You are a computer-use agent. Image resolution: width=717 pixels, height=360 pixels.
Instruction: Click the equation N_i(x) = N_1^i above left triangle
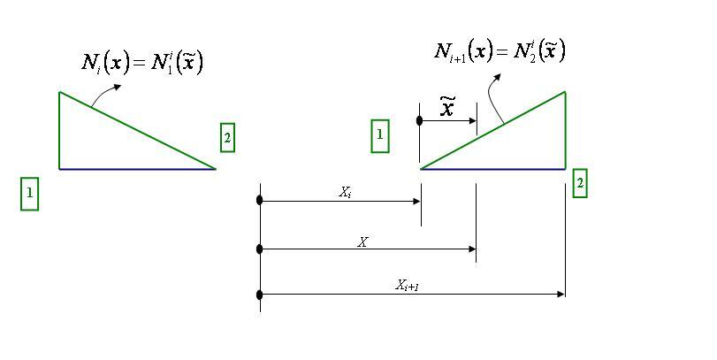142,63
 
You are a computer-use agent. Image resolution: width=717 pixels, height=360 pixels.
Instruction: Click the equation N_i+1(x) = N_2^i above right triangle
500,50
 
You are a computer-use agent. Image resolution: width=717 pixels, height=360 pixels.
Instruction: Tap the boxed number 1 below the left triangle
30,193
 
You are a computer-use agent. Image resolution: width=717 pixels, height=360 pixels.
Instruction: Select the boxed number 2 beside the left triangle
228,137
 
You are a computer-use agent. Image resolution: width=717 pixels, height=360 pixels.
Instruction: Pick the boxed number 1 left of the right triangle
379,135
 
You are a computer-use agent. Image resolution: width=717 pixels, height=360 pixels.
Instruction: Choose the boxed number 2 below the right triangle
580,183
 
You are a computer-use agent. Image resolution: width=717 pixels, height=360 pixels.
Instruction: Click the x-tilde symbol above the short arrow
448,107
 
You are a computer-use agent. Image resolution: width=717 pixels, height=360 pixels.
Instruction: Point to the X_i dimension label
346,191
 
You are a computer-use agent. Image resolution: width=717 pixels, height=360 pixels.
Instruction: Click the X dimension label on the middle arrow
362,241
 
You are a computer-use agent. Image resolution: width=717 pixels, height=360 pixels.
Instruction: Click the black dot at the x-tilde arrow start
420,119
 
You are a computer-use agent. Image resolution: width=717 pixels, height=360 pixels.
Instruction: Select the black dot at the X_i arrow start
260,201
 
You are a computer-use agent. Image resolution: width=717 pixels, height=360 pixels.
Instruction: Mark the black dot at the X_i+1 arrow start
260,294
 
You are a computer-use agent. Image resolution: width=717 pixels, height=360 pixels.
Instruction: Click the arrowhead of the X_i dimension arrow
416,201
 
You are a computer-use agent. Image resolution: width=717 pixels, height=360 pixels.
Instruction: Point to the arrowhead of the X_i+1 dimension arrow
561,294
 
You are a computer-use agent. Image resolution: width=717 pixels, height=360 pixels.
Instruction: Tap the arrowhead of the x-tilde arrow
473,119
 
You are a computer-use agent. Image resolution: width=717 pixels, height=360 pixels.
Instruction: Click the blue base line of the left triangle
137,168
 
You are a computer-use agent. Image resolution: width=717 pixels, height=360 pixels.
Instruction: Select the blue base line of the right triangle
492,168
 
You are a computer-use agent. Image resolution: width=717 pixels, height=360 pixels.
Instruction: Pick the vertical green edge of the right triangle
565,129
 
